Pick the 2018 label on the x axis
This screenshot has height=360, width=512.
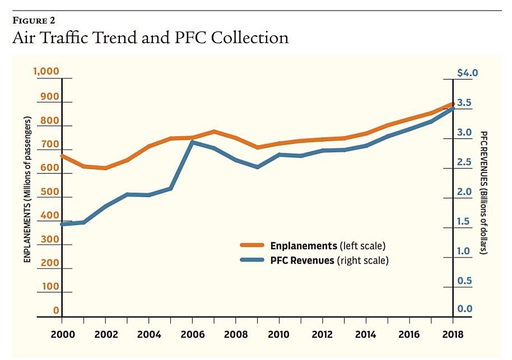[x=452, y=334]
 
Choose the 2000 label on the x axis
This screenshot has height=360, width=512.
[x=62, y=334]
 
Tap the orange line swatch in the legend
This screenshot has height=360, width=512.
[x=253, y=246]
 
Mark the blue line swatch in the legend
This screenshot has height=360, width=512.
[x=253, y=260]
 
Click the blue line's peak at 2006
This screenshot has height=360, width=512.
[x=192, y=142]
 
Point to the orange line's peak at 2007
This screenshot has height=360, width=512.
[x=214, y=132]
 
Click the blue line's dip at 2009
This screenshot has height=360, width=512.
[x=257, y=167]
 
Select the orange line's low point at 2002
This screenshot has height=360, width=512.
[x=105, y=168]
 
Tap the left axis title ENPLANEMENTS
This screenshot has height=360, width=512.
[x=26, y=189]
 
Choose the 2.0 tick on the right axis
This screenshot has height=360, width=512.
[x=466, y=192]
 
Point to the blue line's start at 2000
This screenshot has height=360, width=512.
[x=62, y=224]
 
